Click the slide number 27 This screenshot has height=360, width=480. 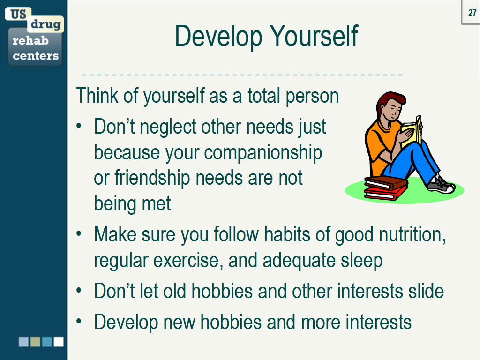click(472, 13)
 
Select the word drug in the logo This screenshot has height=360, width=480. click(45, 24)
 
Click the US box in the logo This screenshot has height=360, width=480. click(18, 14)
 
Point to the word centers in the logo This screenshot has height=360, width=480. click(36, 56)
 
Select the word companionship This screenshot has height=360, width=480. click(263, 153)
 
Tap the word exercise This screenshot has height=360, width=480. click(188, 261)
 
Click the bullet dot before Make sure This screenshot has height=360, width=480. click(79, 233)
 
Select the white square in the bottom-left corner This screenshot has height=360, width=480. click(59, 342)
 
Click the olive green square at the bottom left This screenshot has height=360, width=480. click(35, 342)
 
